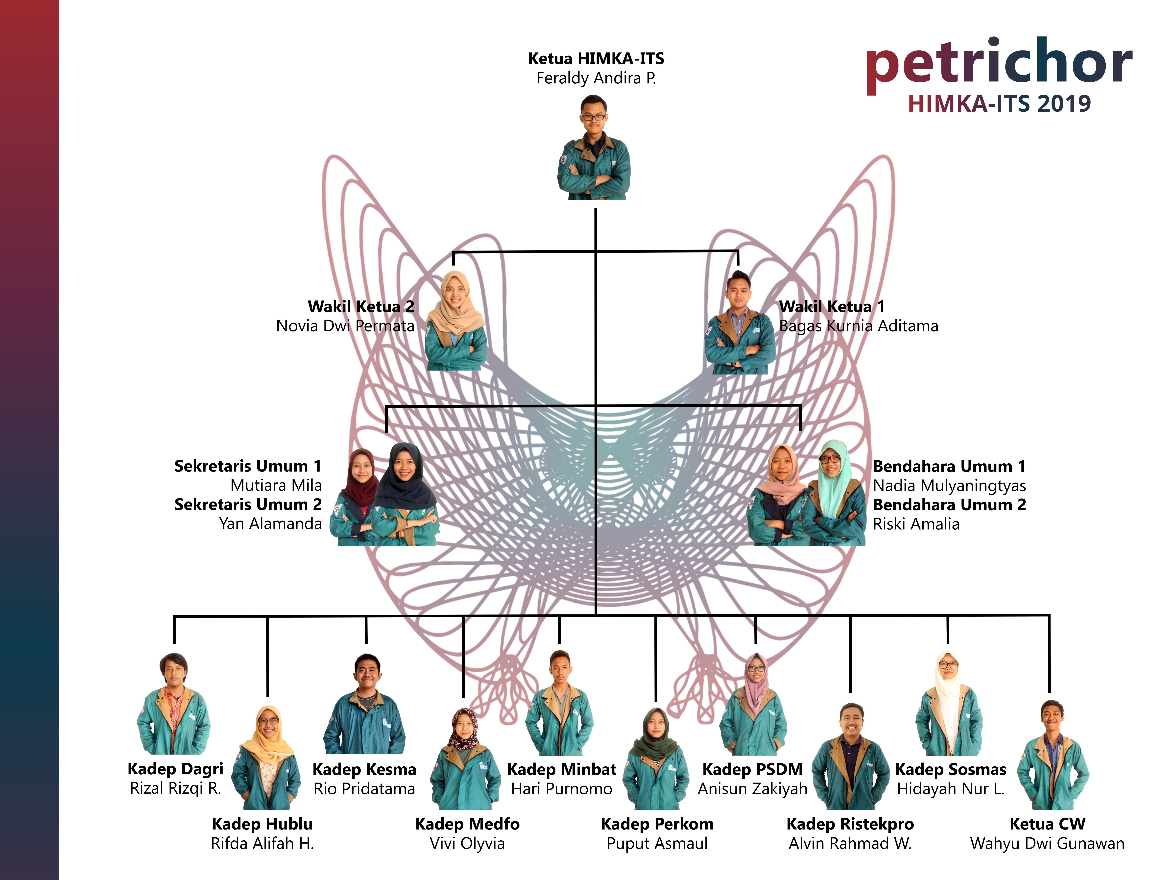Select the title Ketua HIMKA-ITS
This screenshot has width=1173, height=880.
[596, 58]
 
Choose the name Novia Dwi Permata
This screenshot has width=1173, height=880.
[345, 326]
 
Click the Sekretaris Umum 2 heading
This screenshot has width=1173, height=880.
[248, 504]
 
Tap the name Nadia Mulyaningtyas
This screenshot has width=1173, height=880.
[949, 485]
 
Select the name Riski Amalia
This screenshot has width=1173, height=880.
[916, 524]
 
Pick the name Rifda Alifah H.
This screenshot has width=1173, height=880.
[263, 843]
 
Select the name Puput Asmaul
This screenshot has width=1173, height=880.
[657, 843]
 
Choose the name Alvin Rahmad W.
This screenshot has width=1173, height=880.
[850, 843]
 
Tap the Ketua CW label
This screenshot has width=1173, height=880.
[1047, 824]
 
